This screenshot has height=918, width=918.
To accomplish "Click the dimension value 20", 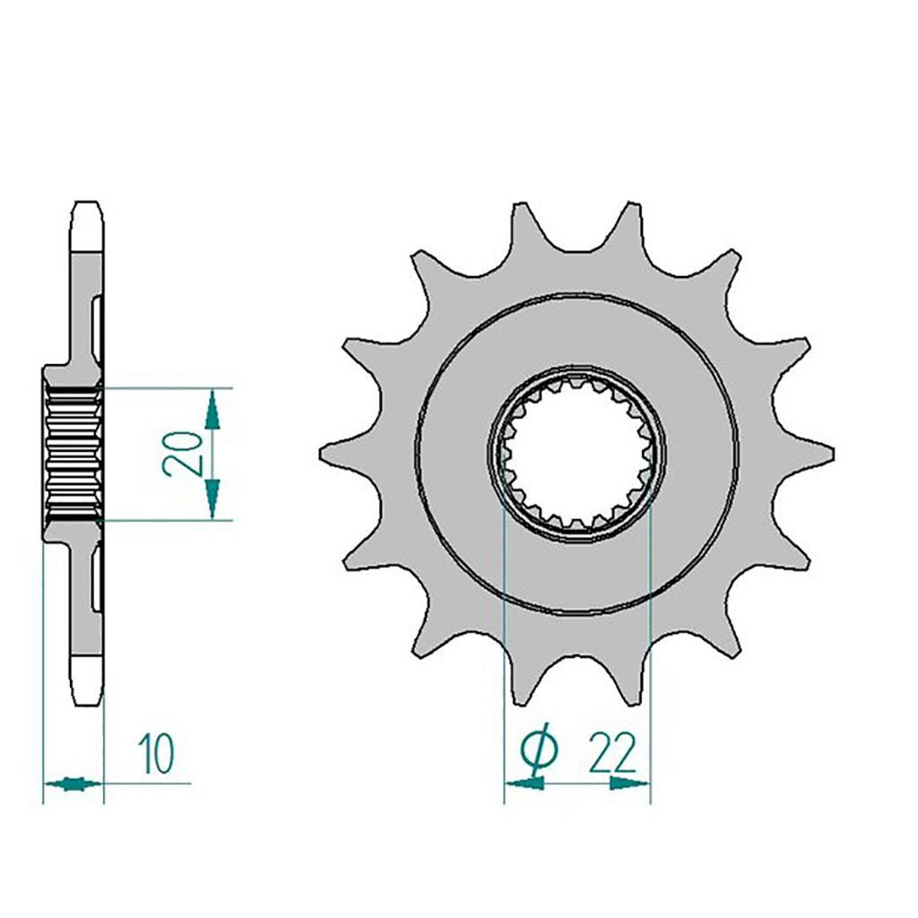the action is tap(182, 453).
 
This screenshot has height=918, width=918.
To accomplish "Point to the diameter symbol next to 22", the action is tap(539, 751).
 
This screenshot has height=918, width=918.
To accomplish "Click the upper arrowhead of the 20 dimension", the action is tap(212, 410).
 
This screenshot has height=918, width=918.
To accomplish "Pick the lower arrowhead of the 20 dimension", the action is tap(212, 498).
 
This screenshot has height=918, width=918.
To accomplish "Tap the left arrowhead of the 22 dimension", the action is tap(524, 783).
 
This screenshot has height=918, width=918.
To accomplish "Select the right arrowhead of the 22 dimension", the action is tap(629, 783).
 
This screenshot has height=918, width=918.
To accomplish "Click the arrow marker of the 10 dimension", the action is tap(73, 784).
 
